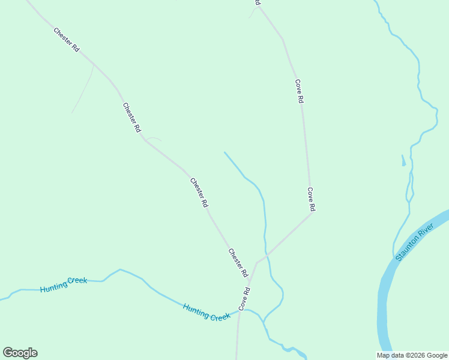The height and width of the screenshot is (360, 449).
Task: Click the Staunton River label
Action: [414, 242]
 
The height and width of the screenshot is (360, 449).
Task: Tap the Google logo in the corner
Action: [20, 353]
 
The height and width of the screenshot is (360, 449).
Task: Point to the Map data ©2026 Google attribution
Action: [412, 355]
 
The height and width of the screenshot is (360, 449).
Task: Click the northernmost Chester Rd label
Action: [66, 40]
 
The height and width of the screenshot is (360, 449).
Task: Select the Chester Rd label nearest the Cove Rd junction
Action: [238, 262]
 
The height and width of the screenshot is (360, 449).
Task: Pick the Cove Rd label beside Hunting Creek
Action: [244, 298]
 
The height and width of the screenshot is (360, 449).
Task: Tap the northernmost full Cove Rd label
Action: [299, 92]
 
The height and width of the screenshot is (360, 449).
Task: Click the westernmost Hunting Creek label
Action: [64, 284]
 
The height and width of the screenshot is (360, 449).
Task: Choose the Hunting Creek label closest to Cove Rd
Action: [206, 312]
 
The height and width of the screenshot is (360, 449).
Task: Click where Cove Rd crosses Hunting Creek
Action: [240, 311]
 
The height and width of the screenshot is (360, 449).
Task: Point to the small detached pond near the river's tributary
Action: [403, 161]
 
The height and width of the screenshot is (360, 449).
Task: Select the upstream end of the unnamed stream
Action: [224, 152]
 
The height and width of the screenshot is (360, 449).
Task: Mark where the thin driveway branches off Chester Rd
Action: [94, 65]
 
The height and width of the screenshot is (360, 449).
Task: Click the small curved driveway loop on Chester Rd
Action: [154, 138]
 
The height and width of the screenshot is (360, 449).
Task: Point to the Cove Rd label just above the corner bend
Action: [311, 199]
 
